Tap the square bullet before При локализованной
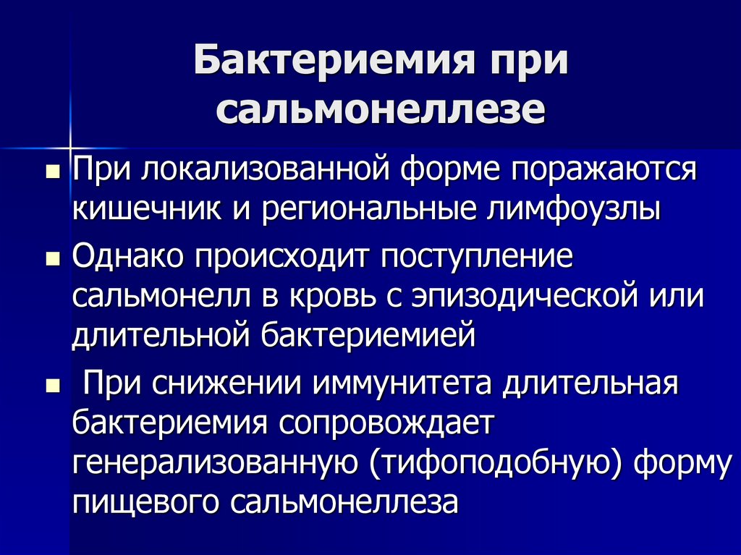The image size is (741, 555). pos(52,174)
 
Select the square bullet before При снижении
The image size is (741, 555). pos(52,385)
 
